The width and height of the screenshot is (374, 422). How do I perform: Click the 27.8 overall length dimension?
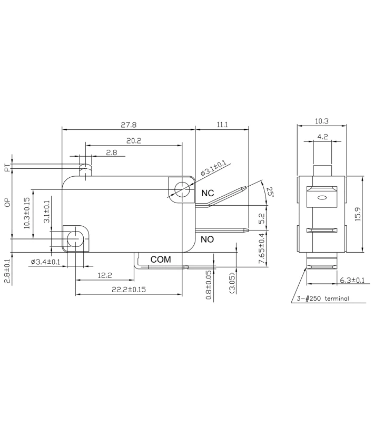pyautogui.click(x=129, y=125)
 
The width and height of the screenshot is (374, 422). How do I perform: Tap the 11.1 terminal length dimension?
pyautogui.click(x=222, y=125)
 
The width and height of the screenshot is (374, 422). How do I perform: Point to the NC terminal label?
pyautogui.click(x=208, y=193)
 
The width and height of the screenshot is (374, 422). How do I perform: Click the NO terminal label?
pyautogui.click(x=208, y=239)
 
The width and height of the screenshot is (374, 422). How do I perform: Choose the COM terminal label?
pyautogui.click(x=161, y=260)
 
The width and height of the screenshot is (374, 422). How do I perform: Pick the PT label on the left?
pyautogui.click(x=7, y=168)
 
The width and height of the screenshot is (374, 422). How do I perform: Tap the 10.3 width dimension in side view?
pyautogui.click(x=322, y=121)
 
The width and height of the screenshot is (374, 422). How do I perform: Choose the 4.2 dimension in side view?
pyautogui.click(x=322, y=137)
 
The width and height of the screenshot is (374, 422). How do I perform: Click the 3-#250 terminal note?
pyautogui.click(x=323, y=299)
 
